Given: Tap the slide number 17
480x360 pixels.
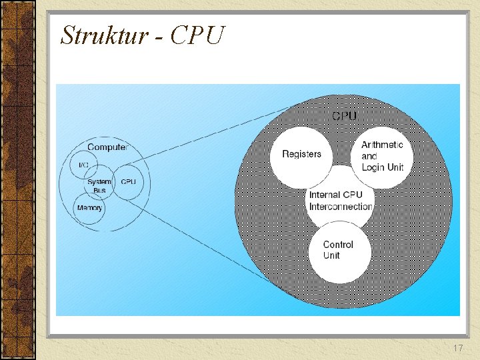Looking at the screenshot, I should (457, 349).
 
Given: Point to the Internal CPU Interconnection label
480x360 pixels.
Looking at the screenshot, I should (340, 200).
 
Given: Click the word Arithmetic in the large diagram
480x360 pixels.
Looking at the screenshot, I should (382, 145).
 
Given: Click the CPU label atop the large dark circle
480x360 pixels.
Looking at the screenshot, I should (344, 116).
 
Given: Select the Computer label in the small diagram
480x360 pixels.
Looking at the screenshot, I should (107, 147).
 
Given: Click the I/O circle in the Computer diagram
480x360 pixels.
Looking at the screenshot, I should (85, 166).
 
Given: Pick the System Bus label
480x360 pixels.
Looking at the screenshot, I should (99, 186).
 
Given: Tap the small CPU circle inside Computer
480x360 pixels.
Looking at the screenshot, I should (129, 182).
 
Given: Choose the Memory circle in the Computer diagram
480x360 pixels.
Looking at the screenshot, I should (90, 207).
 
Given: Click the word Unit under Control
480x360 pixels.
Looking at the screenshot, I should (331, 255).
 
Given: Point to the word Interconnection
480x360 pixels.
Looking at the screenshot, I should (340, 206).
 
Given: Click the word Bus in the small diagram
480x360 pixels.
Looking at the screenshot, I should (99, 191).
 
